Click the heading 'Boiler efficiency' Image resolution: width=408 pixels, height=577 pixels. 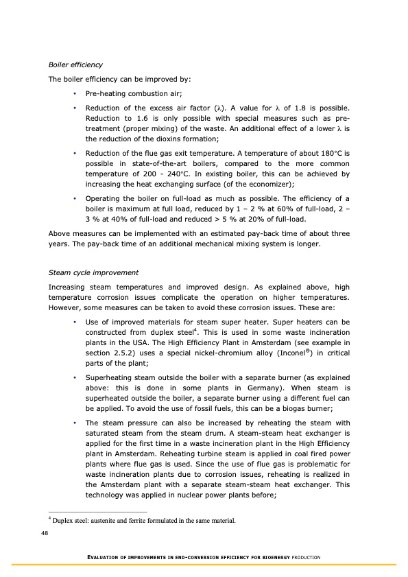point(75,64)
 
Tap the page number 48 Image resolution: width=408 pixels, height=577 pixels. point(45,533)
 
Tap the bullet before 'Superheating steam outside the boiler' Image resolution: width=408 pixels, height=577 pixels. point(74,377)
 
